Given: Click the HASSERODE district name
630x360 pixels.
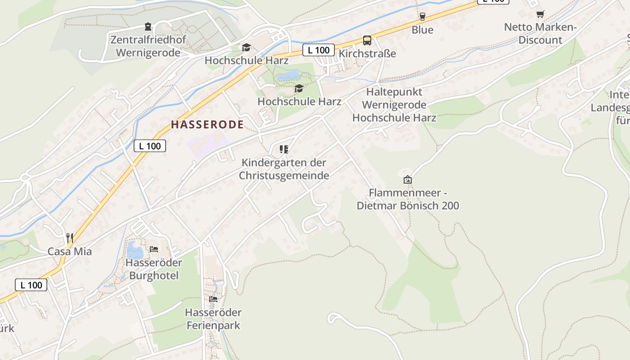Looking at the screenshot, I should tap(207, 125).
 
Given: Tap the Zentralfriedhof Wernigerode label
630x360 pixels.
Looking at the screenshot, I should tap(148, 46).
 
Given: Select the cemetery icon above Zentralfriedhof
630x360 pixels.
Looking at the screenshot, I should tap(148, 27).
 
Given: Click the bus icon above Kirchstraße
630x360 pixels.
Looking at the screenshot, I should tap(367, 40).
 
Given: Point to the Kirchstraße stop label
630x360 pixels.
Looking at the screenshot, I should tap(367, 54).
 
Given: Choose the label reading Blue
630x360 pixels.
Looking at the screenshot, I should tap(423, 30).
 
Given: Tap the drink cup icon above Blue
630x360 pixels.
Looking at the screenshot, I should tap(422, 17).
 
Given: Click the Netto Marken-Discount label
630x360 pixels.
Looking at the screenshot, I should tap(540, 33).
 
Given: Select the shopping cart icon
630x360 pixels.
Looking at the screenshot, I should tap(540, 14).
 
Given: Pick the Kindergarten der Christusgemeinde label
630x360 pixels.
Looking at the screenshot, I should tap(284, 169).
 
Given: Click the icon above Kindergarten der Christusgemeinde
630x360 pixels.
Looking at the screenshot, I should tap(283, 149).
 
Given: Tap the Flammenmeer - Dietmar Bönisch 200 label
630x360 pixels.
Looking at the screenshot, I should tap(408, 199).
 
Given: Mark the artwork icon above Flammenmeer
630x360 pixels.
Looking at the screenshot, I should tap(408, 180).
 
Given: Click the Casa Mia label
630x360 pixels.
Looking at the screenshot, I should tap(70, 252).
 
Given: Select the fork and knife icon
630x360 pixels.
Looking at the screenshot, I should tap(69, 237).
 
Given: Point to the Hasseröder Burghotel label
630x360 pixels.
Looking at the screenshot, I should tap(154, 269).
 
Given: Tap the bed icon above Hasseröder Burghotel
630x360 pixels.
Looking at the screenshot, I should tap(154, 249).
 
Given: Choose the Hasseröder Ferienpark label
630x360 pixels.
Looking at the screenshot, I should tap(213, 319).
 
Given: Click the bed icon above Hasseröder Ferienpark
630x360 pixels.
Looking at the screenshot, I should tap(213, 299).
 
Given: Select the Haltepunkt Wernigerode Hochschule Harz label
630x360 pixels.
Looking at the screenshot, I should tap(394, 105).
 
